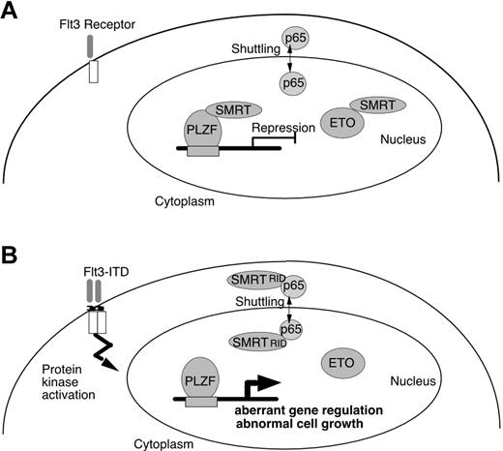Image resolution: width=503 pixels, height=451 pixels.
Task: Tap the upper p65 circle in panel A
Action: tap(294, 39)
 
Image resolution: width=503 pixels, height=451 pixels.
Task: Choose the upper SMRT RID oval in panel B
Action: tap(253, 279)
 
